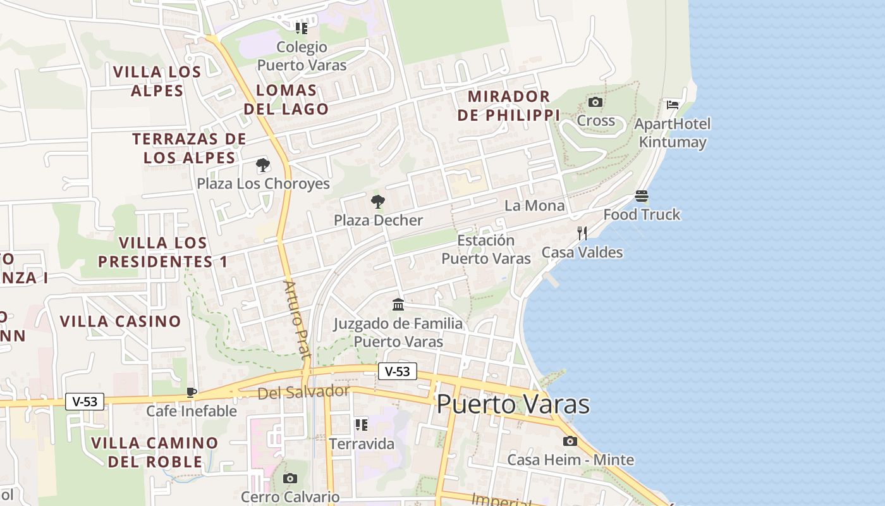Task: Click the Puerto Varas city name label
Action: click(x=513, y=404)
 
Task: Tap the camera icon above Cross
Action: click(x=595, y=102)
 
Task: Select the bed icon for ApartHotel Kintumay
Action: click(x=673, y=104)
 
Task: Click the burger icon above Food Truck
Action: click(x=642, y=196)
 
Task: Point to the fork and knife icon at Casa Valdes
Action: click(x=582, y=233)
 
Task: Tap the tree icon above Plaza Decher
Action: click(x=378, y=202)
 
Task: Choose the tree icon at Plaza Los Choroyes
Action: click(x=263, y=166)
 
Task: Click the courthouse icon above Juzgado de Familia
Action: click(x=398, y=305)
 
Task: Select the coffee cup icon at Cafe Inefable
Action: click(x=192, y=392)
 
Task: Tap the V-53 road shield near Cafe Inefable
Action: click(x=85, y=401)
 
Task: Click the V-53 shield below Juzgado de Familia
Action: click(x=398, y=371)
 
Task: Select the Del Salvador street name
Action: click(x=303, y=392)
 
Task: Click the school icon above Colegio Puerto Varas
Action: click(x=302, y=28)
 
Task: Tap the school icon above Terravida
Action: click(x=361, y=424)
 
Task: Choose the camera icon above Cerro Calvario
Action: click(x=290, y=478)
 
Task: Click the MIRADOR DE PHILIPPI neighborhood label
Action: click(x=513, y=106)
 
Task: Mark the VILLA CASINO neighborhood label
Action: click(x=121, y=321)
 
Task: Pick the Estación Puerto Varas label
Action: click(x=485, y=249)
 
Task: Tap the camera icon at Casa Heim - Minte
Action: click(x=570, y=441)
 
